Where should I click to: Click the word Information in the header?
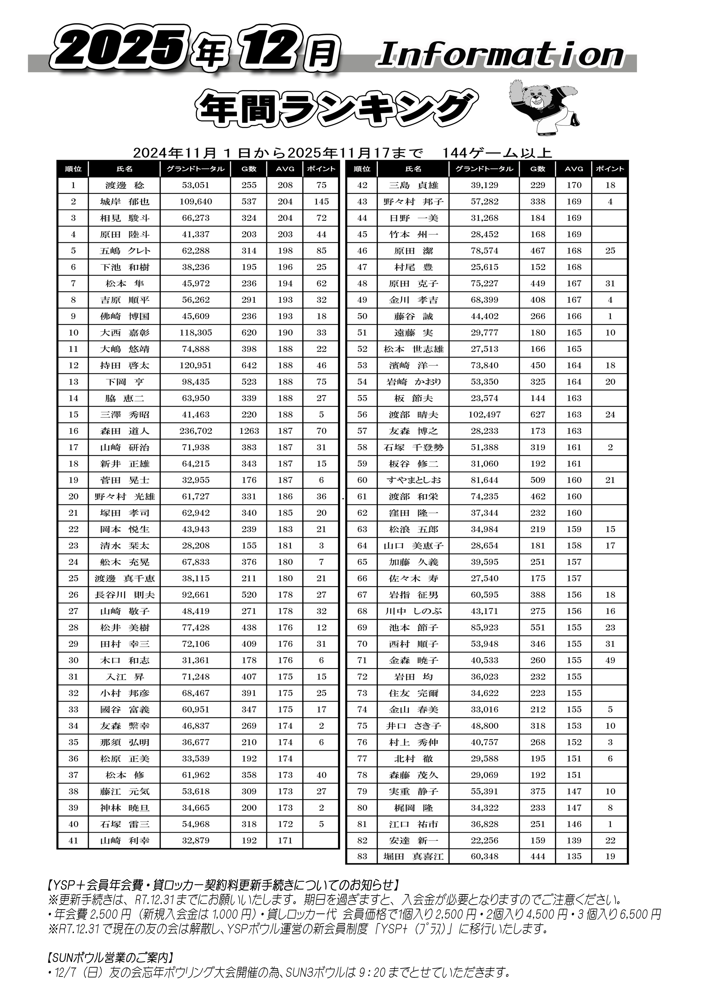tap(501, 56)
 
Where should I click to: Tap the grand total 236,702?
tap(196, 431)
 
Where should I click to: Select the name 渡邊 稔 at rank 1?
tap(124, 185)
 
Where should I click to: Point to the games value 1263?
tap(249, 431)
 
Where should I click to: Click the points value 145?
tap(321, 201)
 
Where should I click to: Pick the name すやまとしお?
tap(413, 480)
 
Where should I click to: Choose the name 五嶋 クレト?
tap(124, 251)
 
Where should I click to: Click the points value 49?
tap(610, 660)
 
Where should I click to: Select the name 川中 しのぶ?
tap(413, 612)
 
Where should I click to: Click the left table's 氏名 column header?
tap(124, 169)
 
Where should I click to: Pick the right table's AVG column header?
tap(574, 169)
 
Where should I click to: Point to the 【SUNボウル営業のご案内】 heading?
tap(111, 957)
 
